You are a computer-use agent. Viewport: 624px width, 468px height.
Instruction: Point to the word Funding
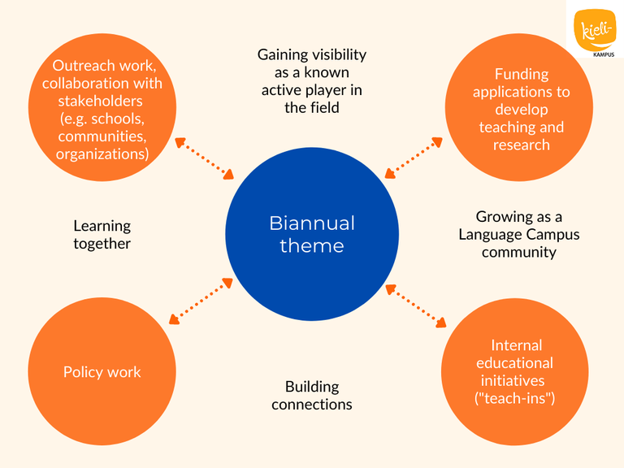click(x=522, y=74)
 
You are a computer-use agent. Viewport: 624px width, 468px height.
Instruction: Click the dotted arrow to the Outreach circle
click(x=204, y=158)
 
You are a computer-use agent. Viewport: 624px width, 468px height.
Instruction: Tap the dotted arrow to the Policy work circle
click(x=201, y=299)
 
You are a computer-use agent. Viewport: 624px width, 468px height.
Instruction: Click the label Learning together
click(x=102, y=234)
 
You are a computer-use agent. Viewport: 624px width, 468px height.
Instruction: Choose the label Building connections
click(x=312, y=395)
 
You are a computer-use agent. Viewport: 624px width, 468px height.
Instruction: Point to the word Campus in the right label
click(x=553, y=234)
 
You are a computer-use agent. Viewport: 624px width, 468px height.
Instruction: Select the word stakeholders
click(x=102, y=101)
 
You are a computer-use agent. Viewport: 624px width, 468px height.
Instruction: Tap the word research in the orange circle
click(x=522, y=145)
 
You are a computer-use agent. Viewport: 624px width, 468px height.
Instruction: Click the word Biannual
click(x=312, y=223)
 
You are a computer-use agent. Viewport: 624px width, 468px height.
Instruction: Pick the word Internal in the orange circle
click(x=517, y=345)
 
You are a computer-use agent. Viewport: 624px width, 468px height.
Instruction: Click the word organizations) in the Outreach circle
click(x=102, y=154)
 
